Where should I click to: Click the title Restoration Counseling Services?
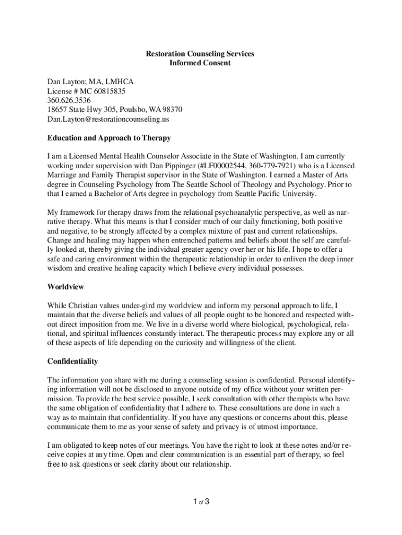(200, 54)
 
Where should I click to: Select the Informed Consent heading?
(200, 63)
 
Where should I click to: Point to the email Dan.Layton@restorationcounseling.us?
(108, 119)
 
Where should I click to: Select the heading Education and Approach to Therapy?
(109, 138)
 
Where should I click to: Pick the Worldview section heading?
(66, 287)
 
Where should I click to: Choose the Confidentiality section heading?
(73, 361)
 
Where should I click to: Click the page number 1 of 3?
(201, 503)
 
